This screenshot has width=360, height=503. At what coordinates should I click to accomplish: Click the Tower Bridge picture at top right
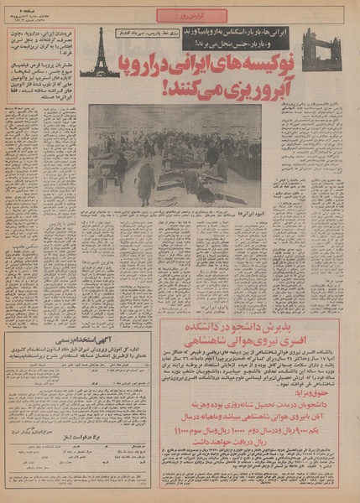pos(321,52)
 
